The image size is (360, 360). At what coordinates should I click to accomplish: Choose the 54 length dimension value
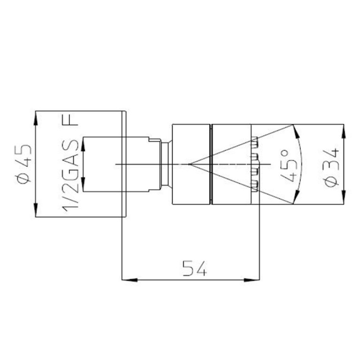[x=194, y=268]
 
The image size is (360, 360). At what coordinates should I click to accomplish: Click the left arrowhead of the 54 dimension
[x=130, y=280]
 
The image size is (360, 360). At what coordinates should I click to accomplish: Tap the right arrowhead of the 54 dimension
[x=252, y=280]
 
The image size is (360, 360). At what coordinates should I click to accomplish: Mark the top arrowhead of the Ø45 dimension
[x=35, y=119]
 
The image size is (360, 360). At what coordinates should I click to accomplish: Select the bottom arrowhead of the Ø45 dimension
[x=35, y=209]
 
